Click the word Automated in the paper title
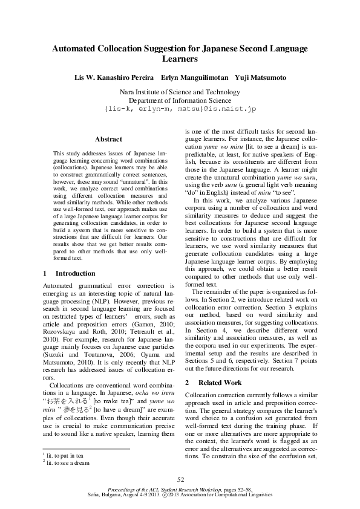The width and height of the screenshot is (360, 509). click(x=75, y=49)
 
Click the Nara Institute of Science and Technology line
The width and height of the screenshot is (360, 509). click(x=180, y=92)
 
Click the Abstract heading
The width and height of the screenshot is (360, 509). click(x=108, y=139)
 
